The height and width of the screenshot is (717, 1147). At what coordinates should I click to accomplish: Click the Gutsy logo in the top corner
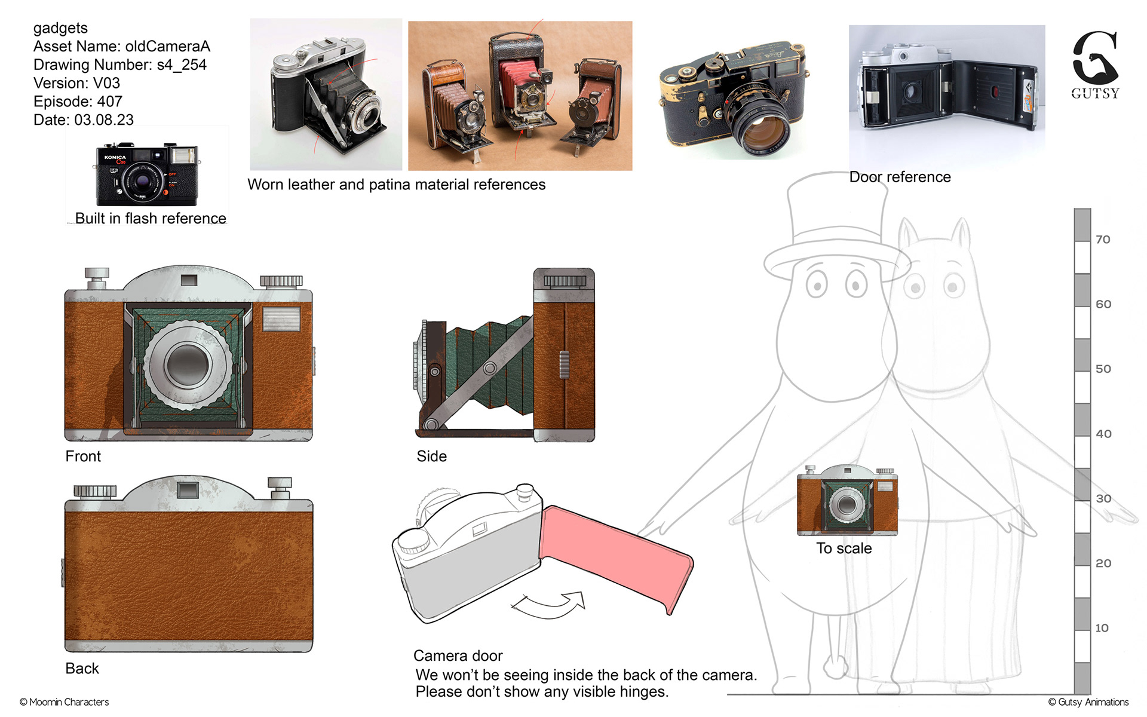[x=1095, y=65]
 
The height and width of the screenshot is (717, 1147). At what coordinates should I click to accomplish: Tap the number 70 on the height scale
[x=1103, y=240]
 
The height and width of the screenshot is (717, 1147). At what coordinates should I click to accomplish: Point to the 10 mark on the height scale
[x=1102, y=628]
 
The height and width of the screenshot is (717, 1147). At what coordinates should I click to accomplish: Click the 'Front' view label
[x=83, y=456]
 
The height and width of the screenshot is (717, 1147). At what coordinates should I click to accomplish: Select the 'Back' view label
[x=82, y=669]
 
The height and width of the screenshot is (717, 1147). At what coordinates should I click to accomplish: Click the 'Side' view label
[x=431, y=456]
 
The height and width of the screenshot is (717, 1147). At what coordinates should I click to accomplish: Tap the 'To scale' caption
[x=844, y=549]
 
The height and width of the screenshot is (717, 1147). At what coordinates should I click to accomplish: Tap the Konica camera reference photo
[x=147, y=174]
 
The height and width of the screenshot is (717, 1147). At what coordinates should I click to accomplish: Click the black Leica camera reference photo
[x=734, y=97]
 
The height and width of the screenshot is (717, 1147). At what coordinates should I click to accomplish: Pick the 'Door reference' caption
[x=900, y=177]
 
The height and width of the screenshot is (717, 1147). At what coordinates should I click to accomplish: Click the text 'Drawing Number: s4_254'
[x=120, y=65]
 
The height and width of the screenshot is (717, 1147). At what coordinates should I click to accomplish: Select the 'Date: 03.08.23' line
[x=84, y=120]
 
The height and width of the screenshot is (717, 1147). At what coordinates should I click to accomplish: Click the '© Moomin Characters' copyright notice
[x=64, y=702]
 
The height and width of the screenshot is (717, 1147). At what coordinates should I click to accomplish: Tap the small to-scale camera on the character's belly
[x=847, y=501]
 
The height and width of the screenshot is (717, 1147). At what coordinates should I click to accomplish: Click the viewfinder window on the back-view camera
[x=188, y=491]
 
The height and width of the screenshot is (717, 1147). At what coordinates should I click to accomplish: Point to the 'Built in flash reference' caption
[x=151, y=218]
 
